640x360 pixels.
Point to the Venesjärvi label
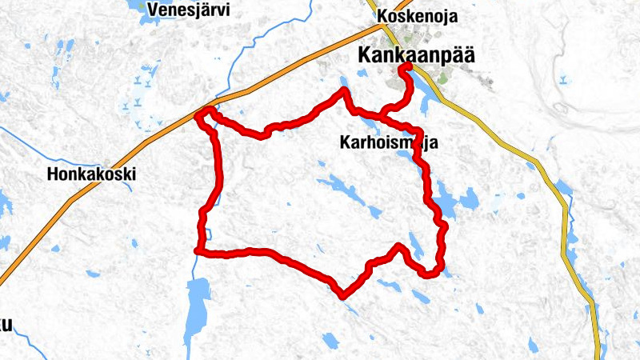coord(189,10)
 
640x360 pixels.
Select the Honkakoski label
coord(91,174)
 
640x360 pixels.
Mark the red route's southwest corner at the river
coord(198,251)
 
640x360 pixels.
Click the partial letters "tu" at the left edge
coord(6,324)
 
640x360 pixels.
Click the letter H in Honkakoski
coord(53,174)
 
